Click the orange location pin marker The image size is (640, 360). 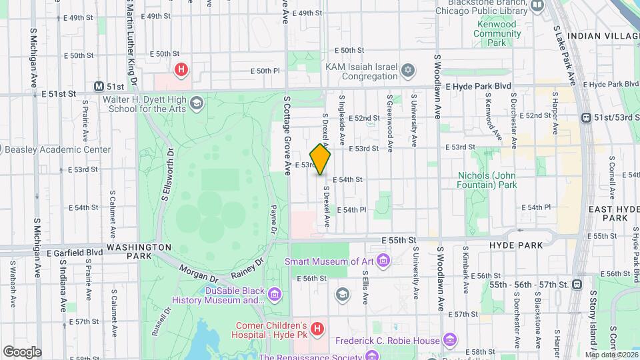point(320,159)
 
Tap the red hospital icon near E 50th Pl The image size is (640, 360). point(180,69)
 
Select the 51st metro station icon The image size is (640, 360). point(99,87)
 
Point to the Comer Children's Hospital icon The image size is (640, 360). point(317,329)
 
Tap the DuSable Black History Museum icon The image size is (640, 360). point(273,293)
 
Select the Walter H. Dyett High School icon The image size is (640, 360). point(196,103)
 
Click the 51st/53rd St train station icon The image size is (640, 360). point(586,117)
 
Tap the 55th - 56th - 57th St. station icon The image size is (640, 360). point(577,285)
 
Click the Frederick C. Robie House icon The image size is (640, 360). point(450,341)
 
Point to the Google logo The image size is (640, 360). point(22,351)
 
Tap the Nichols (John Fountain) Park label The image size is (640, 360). point(487,180)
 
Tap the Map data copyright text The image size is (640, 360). point(611,354)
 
